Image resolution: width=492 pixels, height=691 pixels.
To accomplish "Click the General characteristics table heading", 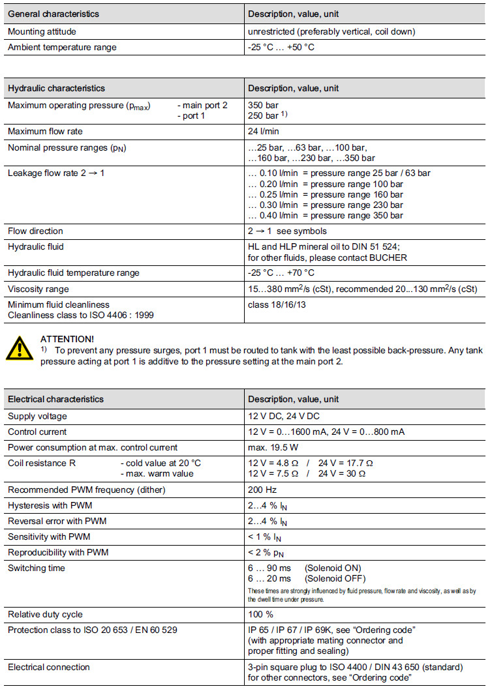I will coord(54,14).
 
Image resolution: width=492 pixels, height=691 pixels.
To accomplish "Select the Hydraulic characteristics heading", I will coord(56,88).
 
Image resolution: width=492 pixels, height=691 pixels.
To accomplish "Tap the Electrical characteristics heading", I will coord(55,399).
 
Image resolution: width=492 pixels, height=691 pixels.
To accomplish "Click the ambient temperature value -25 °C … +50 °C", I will coord(281,47).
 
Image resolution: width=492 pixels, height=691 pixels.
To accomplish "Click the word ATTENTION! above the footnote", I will coord(67,339).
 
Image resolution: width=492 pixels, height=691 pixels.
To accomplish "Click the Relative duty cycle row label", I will coord(45,614).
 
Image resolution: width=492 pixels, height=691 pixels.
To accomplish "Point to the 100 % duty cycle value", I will coord(261,614).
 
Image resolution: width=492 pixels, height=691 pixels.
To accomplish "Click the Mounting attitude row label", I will coord(45,31).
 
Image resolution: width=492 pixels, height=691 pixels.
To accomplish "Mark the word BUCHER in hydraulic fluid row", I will coord(388,257).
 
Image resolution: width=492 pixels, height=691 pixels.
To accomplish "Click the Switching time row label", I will coord(37,568).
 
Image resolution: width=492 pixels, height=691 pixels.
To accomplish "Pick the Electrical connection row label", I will coord(49,667).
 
